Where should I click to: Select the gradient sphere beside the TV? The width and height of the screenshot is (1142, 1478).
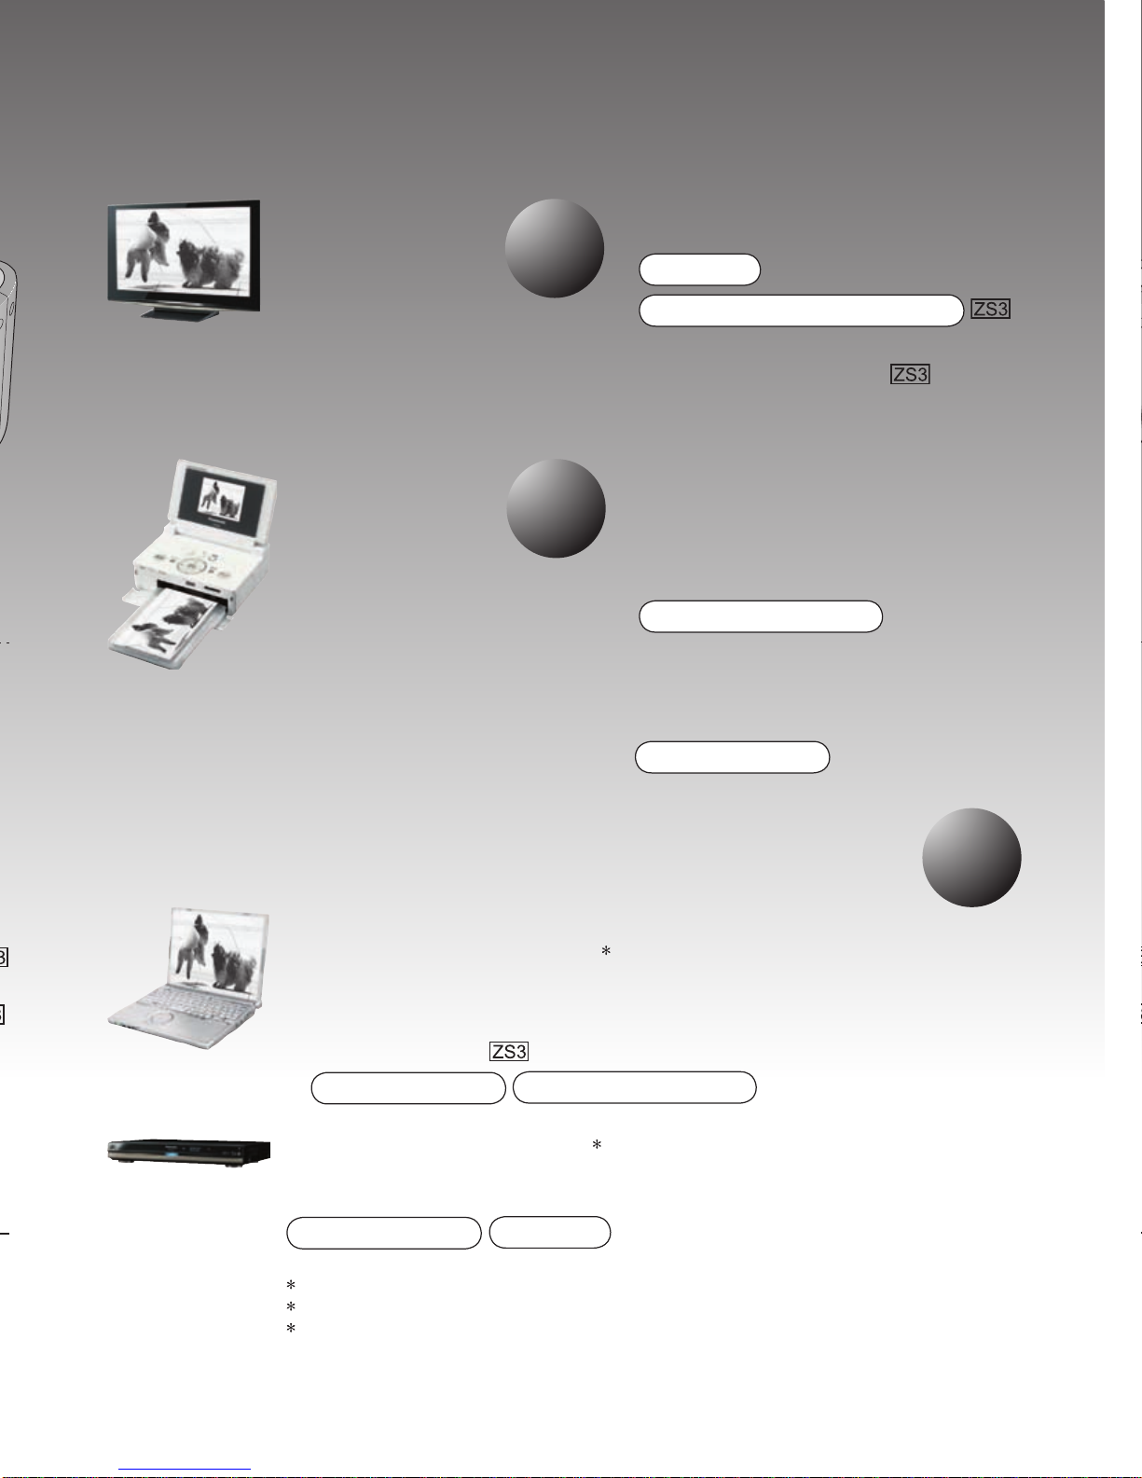tap(555, 248)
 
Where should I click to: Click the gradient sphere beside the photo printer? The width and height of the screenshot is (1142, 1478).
tap(556, 509)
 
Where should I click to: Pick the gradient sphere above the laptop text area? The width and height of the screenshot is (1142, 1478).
tap(971, 857)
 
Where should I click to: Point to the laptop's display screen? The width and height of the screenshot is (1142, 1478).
tap(217, 951)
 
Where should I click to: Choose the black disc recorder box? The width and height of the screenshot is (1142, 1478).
tap(189, 1151)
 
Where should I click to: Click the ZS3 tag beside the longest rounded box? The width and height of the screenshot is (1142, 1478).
tap(990, 310)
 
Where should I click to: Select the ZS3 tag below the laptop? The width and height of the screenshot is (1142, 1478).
tap(509, 1052)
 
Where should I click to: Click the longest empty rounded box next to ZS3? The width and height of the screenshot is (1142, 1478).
tap(802, 311)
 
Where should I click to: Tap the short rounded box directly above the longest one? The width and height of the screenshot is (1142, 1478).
tap(699, 269)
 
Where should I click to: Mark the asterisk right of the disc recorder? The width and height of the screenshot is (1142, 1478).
tap(597, 1145)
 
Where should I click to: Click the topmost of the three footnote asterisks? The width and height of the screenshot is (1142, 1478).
tap(291, 1285)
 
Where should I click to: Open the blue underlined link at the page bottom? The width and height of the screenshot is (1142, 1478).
tap(185, 1470)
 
